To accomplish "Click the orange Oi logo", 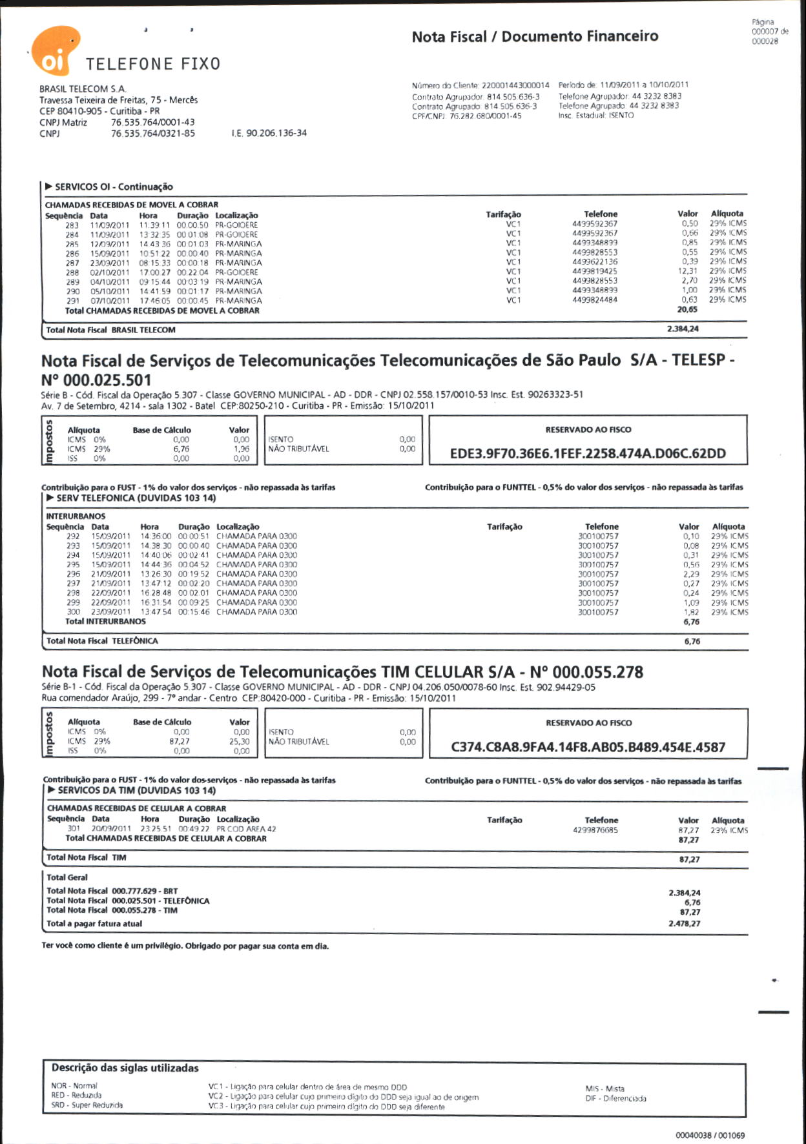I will tap(55, 50).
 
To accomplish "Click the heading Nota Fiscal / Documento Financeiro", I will tap(535, 37).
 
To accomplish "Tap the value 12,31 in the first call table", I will tap(688, 271).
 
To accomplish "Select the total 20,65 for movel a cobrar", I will tap(687, 310).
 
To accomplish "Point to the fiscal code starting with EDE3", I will tap(588, 454).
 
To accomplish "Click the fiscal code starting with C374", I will tap(588, 748).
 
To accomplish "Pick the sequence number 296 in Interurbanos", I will tap(74, 574).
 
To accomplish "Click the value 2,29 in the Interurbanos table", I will tap(691, 574).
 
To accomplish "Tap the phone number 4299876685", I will tap(595, 830).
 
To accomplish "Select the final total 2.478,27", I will tap(685, 924).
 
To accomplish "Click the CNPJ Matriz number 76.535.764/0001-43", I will tap(152, 122).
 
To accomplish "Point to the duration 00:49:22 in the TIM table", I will tap(194, 829).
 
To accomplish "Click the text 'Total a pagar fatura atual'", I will tap(94, 924).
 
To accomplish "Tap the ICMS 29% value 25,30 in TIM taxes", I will tap(240, 742).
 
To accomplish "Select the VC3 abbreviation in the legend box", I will tap(215, 1107).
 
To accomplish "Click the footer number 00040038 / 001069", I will tap(710, 1135).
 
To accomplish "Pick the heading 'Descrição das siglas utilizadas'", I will tap(125, 1068).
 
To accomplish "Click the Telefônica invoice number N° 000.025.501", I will tap(96, 380).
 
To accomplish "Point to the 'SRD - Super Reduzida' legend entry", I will tap(87, 1105).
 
